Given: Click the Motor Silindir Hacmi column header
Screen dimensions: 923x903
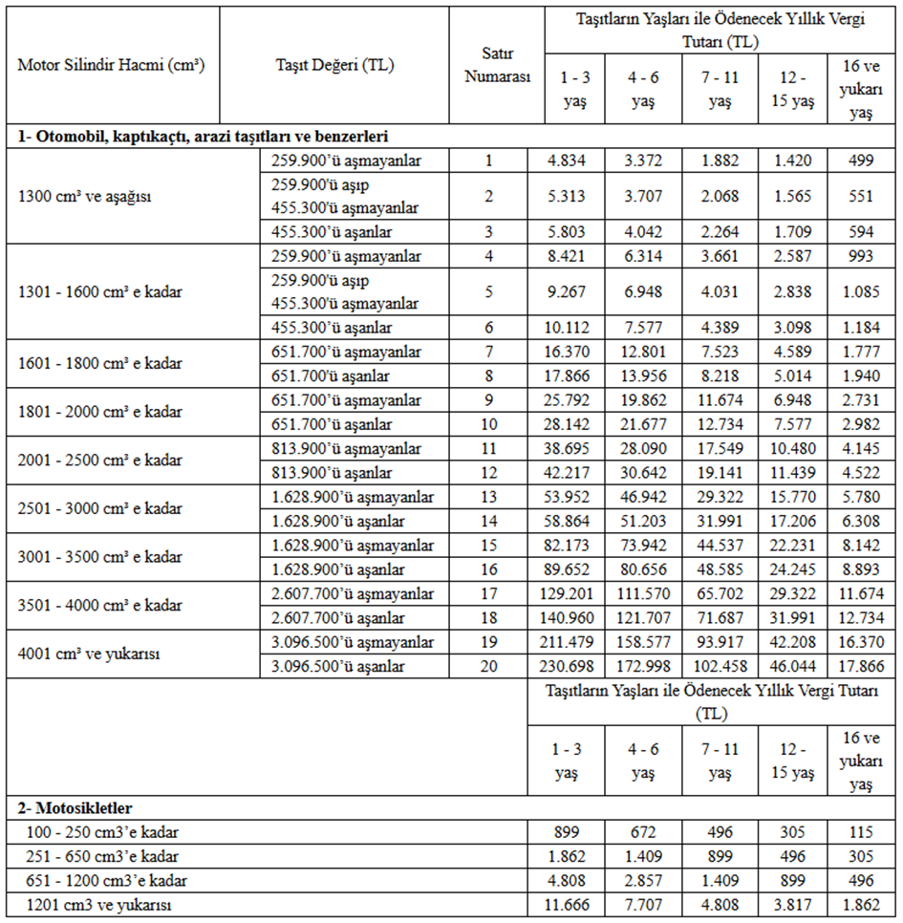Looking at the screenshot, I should point(112,65).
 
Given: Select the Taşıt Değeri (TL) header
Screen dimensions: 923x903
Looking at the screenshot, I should point(333,65).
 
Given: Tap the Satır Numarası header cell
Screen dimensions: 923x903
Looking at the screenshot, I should point(497,65).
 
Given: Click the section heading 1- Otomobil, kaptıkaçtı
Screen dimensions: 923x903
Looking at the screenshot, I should point(203,136).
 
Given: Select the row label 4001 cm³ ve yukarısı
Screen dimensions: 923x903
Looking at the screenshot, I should point(87,654).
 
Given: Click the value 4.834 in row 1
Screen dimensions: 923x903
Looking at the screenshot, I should point(574,160).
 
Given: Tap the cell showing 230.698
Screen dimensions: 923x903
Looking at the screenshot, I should point(574,666).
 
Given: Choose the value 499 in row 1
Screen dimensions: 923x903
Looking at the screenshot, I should point(861,160).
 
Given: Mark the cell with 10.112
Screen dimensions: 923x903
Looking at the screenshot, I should point(574,328).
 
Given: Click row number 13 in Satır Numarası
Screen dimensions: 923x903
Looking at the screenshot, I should point(488,497).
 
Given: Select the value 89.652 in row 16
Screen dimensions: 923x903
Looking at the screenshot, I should point(574,569).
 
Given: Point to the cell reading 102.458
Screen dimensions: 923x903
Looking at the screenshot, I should point(720,666).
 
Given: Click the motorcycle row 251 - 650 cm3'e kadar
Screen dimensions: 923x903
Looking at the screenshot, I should point(98,856).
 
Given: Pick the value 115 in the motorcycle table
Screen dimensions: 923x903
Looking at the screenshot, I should point(861,832).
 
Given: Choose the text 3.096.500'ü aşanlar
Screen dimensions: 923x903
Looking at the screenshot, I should point(338,666).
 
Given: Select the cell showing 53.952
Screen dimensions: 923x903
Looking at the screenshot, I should point(574,497).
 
